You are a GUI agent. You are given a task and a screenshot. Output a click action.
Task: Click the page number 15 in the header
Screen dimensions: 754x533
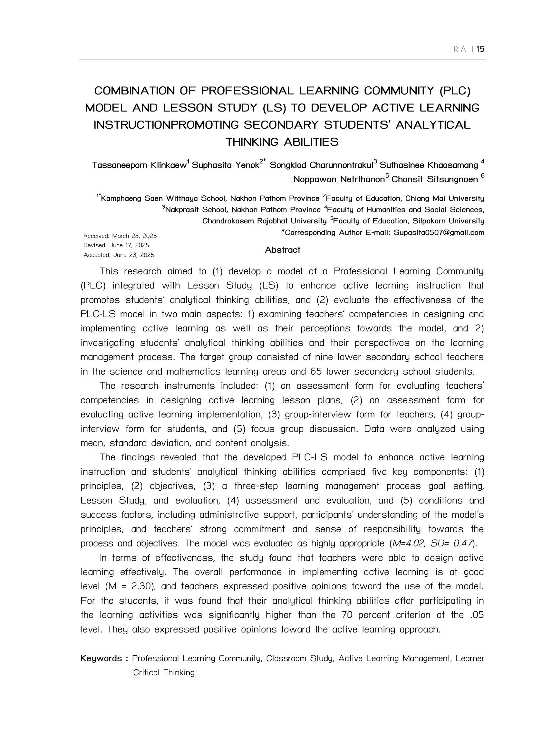pos(480,49)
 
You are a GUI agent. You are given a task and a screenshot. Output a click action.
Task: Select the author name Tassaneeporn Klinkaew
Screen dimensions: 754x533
pos(139,165)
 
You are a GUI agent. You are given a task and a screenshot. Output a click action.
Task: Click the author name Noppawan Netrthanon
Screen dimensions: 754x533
pos(338,179)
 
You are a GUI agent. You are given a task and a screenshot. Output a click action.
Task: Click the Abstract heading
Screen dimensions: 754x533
pos(282,250)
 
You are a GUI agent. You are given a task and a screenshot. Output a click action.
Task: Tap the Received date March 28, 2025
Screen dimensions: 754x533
pos(134,236)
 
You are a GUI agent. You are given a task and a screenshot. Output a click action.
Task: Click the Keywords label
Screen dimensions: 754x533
pos(102,659)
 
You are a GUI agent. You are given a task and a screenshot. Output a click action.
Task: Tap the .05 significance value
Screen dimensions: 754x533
pos(477,615)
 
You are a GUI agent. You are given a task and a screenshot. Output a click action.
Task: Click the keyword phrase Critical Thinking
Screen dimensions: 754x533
pos(164,672)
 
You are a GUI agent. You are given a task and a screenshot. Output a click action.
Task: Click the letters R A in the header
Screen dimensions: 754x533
pos(460,49)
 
